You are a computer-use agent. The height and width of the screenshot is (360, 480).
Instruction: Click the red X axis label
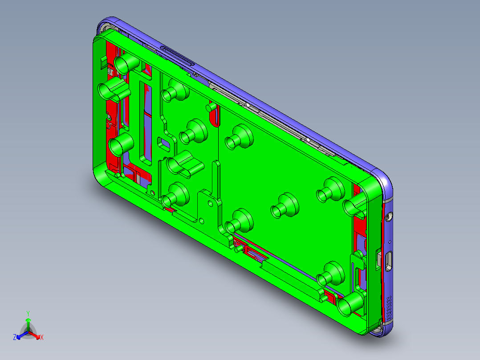pos(42,338)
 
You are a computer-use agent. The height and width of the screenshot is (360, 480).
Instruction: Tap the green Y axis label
pos(28,313)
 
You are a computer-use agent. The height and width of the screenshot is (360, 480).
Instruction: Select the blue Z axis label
pos(15,338)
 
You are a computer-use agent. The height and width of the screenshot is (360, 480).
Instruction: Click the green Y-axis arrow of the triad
pos(28,323)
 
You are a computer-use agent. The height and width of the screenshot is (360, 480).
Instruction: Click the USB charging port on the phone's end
pos(389,261)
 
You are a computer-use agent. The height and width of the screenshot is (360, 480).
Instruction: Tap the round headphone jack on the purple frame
pos(390,217)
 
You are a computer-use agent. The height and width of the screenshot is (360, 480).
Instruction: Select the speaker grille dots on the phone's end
pos(391,305)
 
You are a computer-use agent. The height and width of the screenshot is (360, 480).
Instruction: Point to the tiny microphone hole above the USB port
pos(391,241)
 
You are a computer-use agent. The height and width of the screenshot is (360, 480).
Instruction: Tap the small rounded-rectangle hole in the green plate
pos(165,143)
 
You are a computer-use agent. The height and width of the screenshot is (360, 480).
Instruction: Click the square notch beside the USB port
pos(378,260)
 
